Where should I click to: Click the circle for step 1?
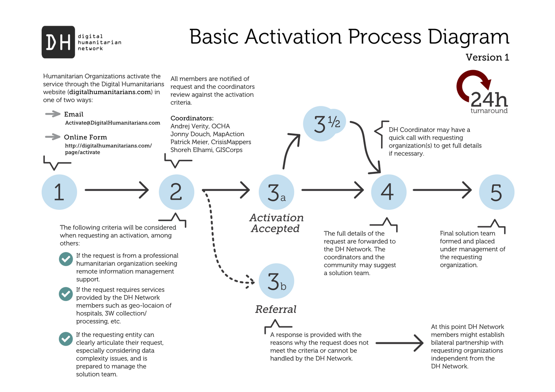[59, 192]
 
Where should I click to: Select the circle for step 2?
[176, 192]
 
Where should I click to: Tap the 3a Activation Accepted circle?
[276, 192]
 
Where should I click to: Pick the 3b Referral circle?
[276, 281]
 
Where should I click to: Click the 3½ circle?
[322, 123]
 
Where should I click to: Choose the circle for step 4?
[388, 192]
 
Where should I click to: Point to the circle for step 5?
[496, 192]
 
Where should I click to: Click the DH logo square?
[58, 42]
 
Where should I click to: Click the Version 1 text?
[487, 57]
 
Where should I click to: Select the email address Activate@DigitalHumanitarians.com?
[113, 123]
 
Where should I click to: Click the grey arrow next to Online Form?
[53, 137]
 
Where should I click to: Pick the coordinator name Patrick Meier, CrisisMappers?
[211, 142]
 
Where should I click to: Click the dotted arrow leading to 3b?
[214, 244]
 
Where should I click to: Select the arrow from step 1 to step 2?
[116, 190]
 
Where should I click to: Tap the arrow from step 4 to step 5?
[442, 190]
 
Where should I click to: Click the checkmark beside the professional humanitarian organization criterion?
[66, 259]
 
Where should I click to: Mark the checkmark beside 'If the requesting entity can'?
[66, 339]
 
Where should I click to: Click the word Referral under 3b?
[275, 309]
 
